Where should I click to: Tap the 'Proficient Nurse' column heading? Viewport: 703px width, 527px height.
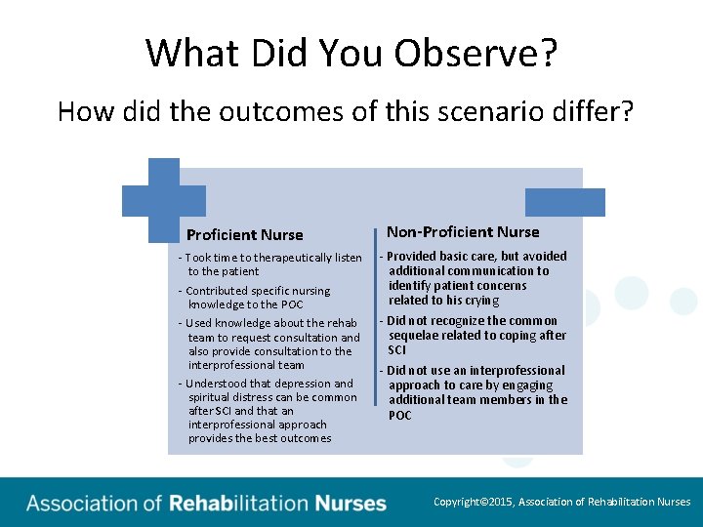point(244,234)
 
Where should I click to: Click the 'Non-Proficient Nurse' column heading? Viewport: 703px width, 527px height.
point(463,231)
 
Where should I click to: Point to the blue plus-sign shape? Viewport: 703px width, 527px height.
point(150,200)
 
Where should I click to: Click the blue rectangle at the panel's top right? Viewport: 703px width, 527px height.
point(564,202)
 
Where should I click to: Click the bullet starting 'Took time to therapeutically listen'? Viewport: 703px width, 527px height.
point(269,264)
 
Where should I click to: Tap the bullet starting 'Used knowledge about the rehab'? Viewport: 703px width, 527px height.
point(269,344)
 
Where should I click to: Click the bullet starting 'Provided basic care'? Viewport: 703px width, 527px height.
point(473,278)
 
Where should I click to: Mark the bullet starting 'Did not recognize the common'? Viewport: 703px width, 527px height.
point(473,335)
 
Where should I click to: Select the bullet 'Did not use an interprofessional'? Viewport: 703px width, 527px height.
point(475,392)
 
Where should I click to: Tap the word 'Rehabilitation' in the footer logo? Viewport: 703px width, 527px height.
point(238,504)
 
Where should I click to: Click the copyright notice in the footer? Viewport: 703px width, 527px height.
point(561,502)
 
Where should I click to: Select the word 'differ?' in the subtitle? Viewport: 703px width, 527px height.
point(598,111)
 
